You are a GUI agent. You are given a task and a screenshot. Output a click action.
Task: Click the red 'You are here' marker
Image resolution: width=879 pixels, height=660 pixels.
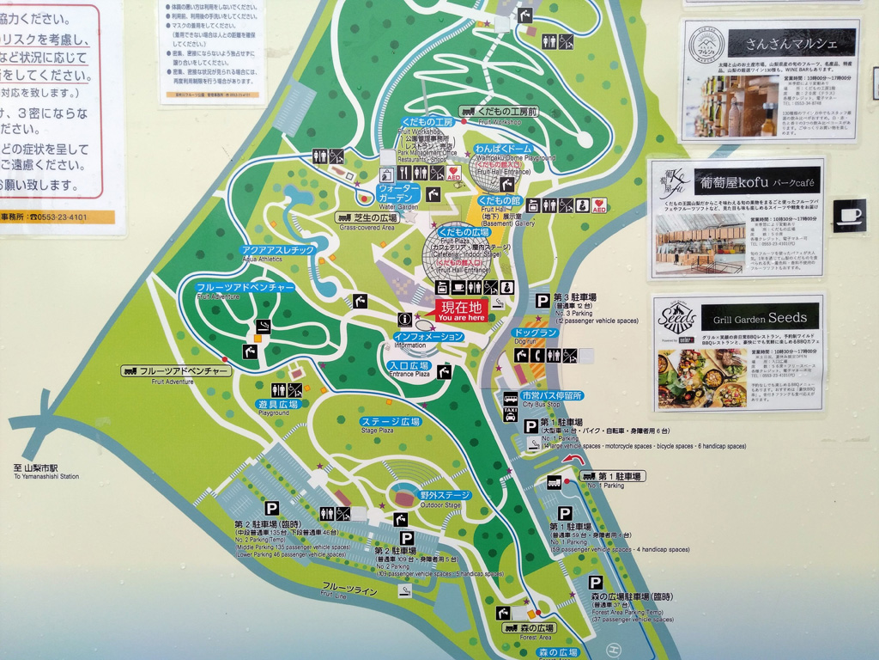[463, 310]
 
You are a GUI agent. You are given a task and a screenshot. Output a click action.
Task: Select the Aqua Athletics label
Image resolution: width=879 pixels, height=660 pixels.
[277, 250]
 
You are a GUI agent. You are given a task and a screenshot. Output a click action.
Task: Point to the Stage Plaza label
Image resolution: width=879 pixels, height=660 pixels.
[390, 422]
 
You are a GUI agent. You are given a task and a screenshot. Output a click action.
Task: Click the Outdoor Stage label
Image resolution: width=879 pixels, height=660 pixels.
[445, 495]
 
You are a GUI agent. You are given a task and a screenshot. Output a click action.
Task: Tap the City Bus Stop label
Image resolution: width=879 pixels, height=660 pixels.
[552, 395]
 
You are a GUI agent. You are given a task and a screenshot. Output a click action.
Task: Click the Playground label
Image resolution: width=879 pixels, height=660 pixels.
[277, 404]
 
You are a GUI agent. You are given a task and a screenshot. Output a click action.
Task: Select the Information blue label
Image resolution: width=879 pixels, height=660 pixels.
[428, 337]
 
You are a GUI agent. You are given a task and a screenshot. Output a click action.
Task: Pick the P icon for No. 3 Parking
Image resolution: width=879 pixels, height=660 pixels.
[543, 300]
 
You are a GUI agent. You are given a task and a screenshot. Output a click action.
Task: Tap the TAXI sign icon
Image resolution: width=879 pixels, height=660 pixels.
[510, 413]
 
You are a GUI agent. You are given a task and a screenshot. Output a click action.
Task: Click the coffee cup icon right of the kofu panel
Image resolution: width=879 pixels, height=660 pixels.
[849, 215]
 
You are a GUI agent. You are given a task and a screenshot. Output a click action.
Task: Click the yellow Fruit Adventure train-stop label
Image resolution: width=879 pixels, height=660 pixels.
[177, 371]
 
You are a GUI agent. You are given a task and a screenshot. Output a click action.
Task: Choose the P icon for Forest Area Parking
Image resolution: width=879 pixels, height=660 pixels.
[594, 583]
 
